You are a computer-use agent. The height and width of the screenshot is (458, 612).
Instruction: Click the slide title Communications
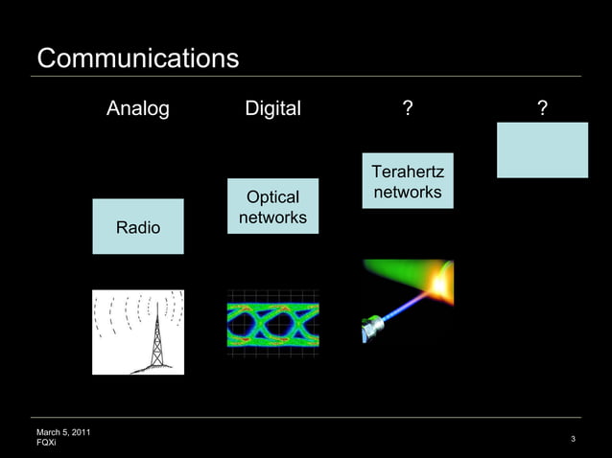pyautogui.click(x=137, y=58)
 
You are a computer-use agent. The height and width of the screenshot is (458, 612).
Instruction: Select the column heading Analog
pyautogui.click(x=137, y=109)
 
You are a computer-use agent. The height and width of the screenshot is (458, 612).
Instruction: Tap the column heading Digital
pyautogui.click(x=272, y=109)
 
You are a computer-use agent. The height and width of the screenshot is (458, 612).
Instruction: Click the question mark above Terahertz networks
pyautogui.click(x=408, y=109)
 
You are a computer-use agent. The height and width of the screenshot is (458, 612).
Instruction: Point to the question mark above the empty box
pyautogui.click(x=543, y=109)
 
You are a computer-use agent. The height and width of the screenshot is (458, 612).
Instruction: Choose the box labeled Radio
pyautogui.click(x=138, y=227)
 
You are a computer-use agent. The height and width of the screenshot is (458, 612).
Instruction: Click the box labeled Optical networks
pyautogui.click(x=272, y=206)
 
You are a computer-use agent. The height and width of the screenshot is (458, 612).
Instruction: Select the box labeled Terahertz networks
pyautogui.click(x=408, y=180)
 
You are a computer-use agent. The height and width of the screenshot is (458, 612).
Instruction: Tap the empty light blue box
pyautogui.click(x=542, y=149)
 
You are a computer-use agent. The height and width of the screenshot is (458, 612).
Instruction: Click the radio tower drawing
pyautogui.click(x=138, y=332)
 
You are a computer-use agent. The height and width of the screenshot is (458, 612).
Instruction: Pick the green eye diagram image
pyautogui.click(x=272, y=324)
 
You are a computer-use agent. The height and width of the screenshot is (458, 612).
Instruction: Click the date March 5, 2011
pyautogui.click(x=63, y=433)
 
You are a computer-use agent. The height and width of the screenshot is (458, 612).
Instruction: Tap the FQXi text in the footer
pyautogui.click(x=46, y=444)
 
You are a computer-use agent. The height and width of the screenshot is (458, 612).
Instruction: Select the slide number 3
pyautogui.click(x=573, y=440)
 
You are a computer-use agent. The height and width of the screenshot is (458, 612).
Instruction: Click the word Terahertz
pyautogui.click(x=408, y=172)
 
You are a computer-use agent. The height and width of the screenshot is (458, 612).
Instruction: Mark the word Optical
pyautogui.click(x=272, y=196)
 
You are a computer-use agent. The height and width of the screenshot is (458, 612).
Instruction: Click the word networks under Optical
pyautogui.click(x=272, y=218)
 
